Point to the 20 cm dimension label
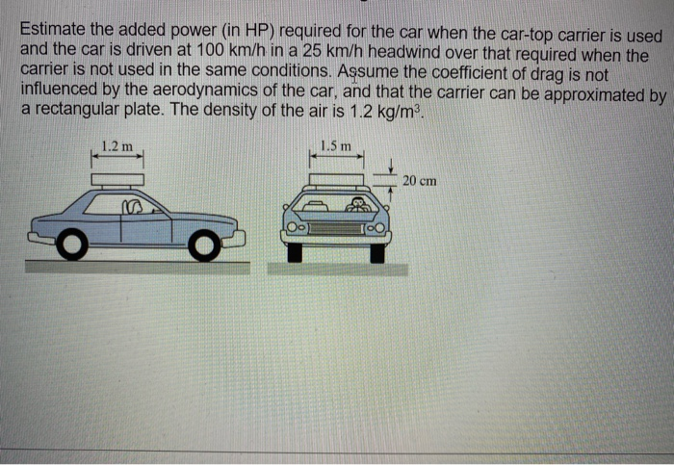pyautogui.click(x=420, y=180)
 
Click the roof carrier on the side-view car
pyautogui.click(x=117, y=179)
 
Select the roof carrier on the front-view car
pyautogui.click(x=336, y=179)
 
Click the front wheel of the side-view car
pyautogui.click(x=203, y=245)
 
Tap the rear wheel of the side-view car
pyautogui.click(x=71, y=246)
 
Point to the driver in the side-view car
pyautogui.click(x=133, y=205)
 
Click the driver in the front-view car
pyautogui.click(x=359, y=205)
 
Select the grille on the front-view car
pyautogui.click(x=336, y=229)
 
